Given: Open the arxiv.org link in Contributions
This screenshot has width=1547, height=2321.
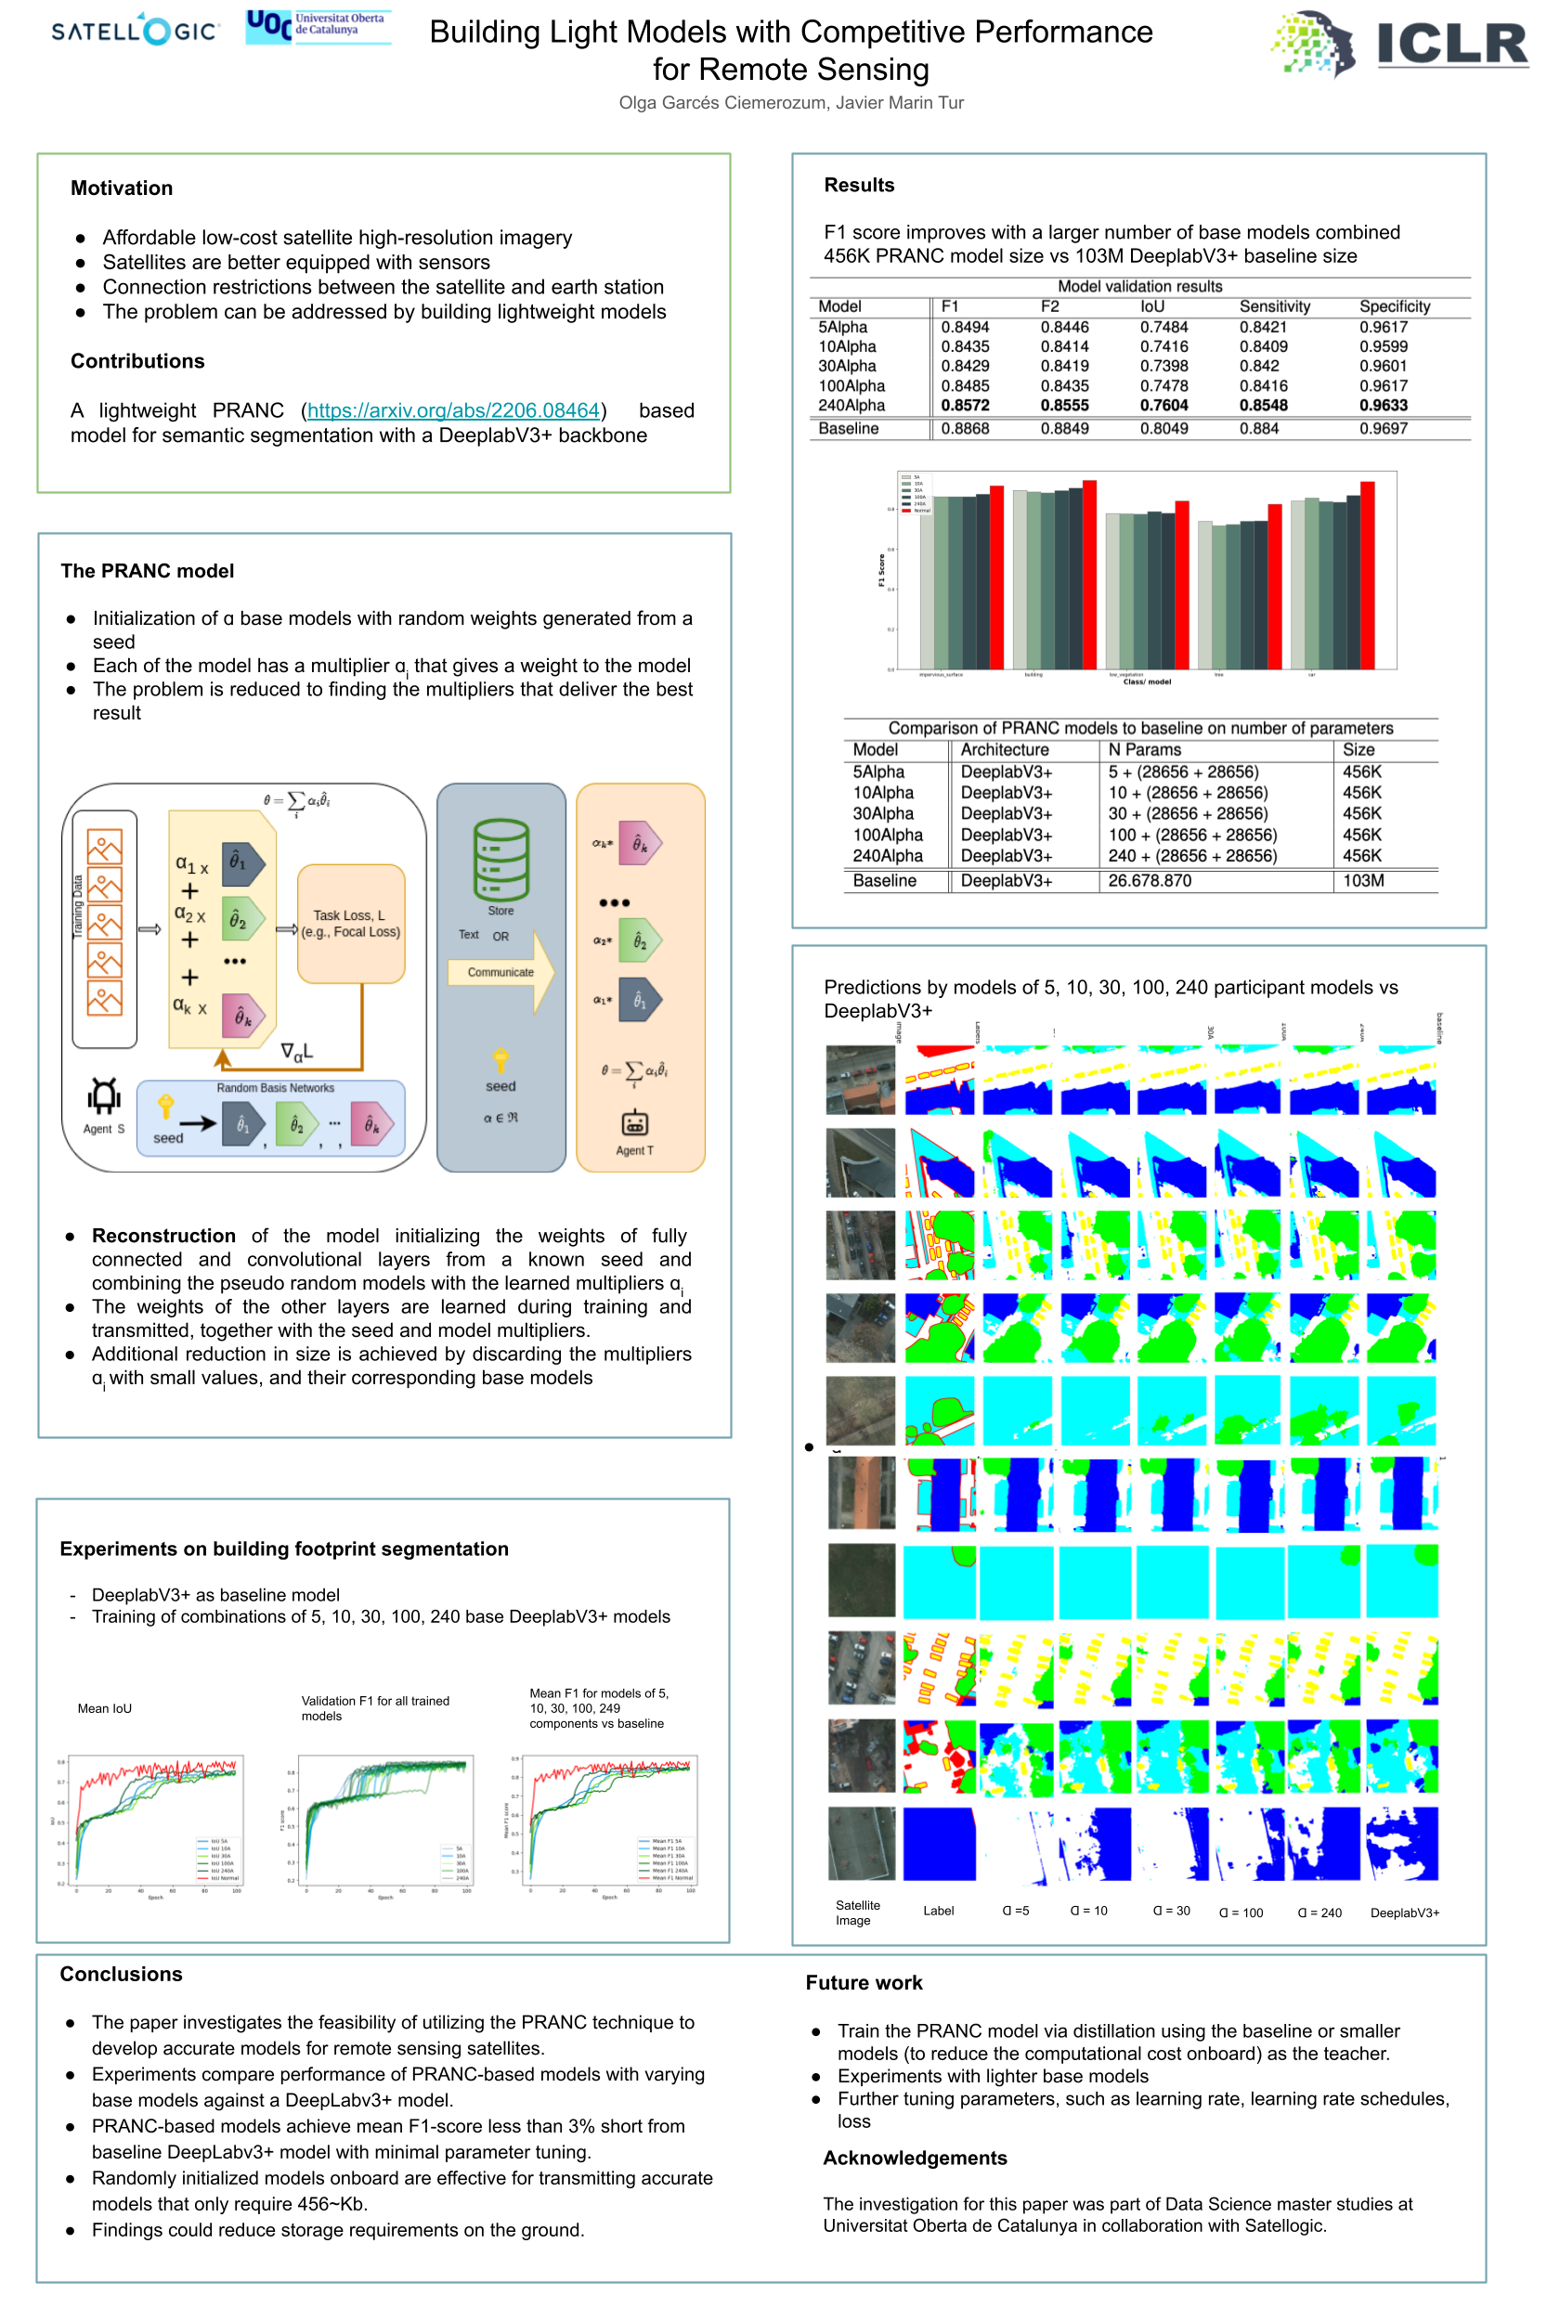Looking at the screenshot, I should coord(453,410).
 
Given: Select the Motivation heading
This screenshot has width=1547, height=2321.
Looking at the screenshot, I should coord(122,188).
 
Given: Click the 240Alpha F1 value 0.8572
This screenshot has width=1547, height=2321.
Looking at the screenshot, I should coord(964,406).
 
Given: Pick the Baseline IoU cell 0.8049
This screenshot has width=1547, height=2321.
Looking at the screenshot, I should coord(1163,429).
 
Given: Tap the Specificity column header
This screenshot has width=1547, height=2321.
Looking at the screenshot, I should coord(1393,306).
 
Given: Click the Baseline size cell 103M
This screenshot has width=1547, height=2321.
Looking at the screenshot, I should coord(1362,881).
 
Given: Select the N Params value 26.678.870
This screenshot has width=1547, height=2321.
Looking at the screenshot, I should coord(1149,881).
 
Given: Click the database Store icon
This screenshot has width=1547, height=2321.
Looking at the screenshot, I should coord(500,858).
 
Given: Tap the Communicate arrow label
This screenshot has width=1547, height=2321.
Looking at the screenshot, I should coord(500,973).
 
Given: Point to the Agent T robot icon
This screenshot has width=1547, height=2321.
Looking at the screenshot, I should coord(634,1123).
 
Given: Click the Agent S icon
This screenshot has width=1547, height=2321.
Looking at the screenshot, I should coord(104,1096).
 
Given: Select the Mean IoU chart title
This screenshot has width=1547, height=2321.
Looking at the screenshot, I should coord(105,1708).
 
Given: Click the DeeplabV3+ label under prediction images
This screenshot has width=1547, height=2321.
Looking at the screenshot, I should coord(1404,1913).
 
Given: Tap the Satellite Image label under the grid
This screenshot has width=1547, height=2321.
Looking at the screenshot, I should coord(856,1913).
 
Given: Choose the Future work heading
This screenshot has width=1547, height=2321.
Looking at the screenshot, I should coord(864,1983).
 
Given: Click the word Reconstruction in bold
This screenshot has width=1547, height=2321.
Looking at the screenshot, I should coord(163,1236).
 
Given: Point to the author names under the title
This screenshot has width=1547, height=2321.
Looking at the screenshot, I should coord(790,102).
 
